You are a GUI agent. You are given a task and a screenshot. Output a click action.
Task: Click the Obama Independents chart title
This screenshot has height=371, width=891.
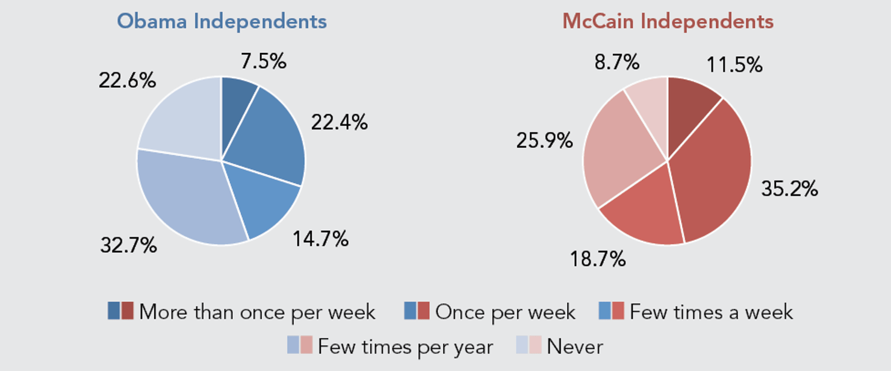[x=222, y=22]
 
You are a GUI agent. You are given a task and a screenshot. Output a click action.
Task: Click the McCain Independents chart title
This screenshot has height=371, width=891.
[x=668, y=22]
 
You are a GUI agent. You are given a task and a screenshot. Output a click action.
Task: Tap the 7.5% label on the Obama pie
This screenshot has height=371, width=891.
[x=263, y=61]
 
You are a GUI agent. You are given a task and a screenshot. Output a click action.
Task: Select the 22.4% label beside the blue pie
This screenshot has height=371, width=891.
[x=339, y=122]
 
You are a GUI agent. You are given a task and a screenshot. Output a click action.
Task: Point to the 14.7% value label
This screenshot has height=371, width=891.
[x=320, y=239]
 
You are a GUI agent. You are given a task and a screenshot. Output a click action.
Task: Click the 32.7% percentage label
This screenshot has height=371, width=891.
[x=129, y=245]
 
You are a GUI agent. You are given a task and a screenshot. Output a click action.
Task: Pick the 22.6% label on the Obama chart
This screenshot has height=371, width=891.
[x=128, y=80]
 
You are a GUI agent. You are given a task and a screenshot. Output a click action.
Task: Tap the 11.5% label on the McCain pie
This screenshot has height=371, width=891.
[x=734, y=64]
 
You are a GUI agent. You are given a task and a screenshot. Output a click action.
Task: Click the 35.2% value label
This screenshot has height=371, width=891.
[x=789, y=189]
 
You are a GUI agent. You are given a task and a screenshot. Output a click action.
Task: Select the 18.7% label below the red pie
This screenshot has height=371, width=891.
[x=598, y=260]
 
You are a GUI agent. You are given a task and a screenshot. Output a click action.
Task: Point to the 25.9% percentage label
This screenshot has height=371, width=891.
[x=544, y=141]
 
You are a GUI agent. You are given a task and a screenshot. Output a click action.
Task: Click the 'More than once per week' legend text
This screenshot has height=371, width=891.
[x=257, y=312]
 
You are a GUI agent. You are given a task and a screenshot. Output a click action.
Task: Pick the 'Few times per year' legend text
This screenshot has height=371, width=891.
[x=405, y=347]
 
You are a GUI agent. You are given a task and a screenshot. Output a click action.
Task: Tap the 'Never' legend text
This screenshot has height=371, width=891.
[x=574, y=347]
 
